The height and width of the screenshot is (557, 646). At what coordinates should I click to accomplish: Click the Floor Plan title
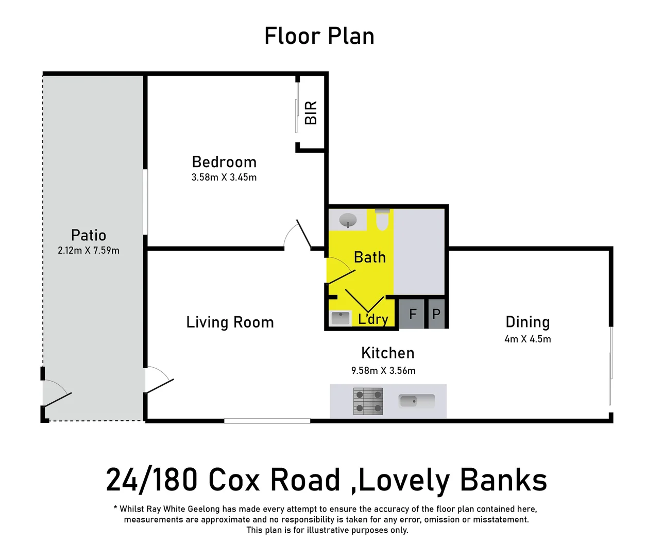[319, 36]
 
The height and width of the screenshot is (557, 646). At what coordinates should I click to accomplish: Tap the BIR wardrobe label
[311, 113]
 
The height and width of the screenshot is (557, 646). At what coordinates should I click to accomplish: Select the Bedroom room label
[224, 162]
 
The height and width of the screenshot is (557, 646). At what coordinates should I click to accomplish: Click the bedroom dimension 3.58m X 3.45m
[224, 177]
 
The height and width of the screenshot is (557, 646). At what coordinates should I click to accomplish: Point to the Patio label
[89, 235]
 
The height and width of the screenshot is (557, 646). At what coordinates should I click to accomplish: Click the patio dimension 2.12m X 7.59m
[89, 251]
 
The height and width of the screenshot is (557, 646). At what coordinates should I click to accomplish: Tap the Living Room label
[230, 322]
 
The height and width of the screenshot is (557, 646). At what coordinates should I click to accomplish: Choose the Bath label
[370, 257]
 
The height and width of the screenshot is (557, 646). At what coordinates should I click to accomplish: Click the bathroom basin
[348, 220]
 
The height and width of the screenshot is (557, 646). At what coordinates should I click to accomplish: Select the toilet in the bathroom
[382, 220]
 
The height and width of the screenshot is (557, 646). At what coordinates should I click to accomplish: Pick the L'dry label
[373, 319]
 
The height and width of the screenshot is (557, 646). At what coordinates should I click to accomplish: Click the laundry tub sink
[341, 318]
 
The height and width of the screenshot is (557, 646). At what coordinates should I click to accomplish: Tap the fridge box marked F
[412, 314]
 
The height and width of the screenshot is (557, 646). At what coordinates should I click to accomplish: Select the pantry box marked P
[436, 314]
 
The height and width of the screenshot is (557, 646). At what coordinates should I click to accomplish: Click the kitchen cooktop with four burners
[368, 402]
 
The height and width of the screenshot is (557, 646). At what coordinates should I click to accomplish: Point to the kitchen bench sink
[416, 401]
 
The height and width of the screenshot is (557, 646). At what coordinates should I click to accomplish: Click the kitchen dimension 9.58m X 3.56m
[383, 370]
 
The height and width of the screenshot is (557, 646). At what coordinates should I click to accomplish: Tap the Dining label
[528, 322]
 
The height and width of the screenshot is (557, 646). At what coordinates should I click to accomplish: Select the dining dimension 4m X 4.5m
[528, 339]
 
